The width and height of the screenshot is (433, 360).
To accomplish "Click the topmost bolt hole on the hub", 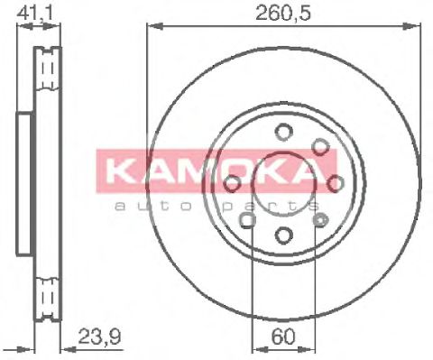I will [x=284, y=132].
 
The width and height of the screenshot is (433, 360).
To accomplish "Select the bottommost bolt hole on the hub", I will [x=284, y=236].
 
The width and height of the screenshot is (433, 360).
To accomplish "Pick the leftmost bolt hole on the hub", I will [x=233, y=184].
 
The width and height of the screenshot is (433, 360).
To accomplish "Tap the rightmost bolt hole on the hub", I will [x=336, y=184].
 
